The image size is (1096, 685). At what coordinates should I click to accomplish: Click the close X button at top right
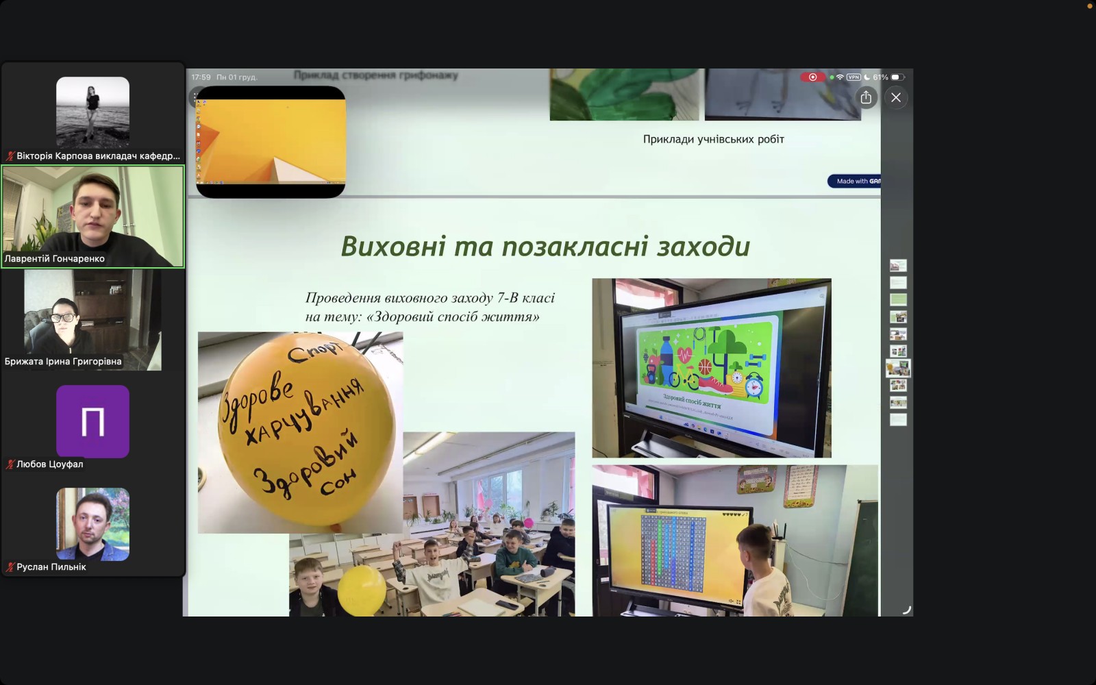tap(895, 98)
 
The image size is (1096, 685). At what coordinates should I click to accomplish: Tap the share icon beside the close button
tap(866, 97)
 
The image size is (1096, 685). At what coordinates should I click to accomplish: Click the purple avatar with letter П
tap(92, 421)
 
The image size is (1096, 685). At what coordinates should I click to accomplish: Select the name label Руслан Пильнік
tap(51, 567)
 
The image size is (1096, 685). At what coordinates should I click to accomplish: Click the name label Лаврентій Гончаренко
tap(55, 259)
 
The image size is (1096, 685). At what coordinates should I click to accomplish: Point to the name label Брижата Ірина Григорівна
tap(63, 362)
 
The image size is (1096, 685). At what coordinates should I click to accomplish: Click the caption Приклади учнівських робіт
tap(713, 139)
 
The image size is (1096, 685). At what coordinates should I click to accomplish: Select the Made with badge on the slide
tap(854, 182)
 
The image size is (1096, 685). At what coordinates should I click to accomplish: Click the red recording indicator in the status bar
tap(812, 77)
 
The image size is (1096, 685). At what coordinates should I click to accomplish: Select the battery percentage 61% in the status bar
tap(880, 77)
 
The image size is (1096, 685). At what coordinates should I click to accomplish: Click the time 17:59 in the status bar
tap(201, 77)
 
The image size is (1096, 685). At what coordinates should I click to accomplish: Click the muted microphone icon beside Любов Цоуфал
tap(10, 464)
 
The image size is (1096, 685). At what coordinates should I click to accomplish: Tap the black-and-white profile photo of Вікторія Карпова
tap(92, 112)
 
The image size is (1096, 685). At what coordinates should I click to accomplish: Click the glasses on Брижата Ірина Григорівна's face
tap(62, 318)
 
